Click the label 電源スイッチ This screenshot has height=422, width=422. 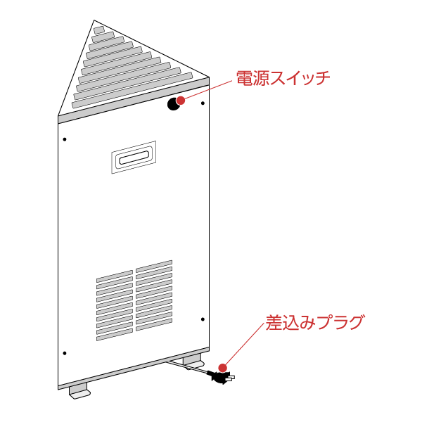tap(283, 78)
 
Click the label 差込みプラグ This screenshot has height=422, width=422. tap(314, 324)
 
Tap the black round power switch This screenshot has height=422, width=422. tap(172, 105)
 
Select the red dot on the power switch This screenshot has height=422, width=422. tap(181, 100)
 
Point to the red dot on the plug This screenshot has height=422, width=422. tap(223, 368)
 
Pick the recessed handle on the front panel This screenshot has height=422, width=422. tap(134, 158)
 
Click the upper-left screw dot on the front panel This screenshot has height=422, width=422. tap(64, 139)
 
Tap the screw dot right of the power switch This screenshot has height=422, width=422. tap(203, 103)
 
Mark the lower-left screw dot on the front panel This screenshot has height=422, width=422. tap(64, 352)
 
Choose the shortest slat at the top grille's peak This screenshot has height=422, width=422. tap(99, 30)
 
